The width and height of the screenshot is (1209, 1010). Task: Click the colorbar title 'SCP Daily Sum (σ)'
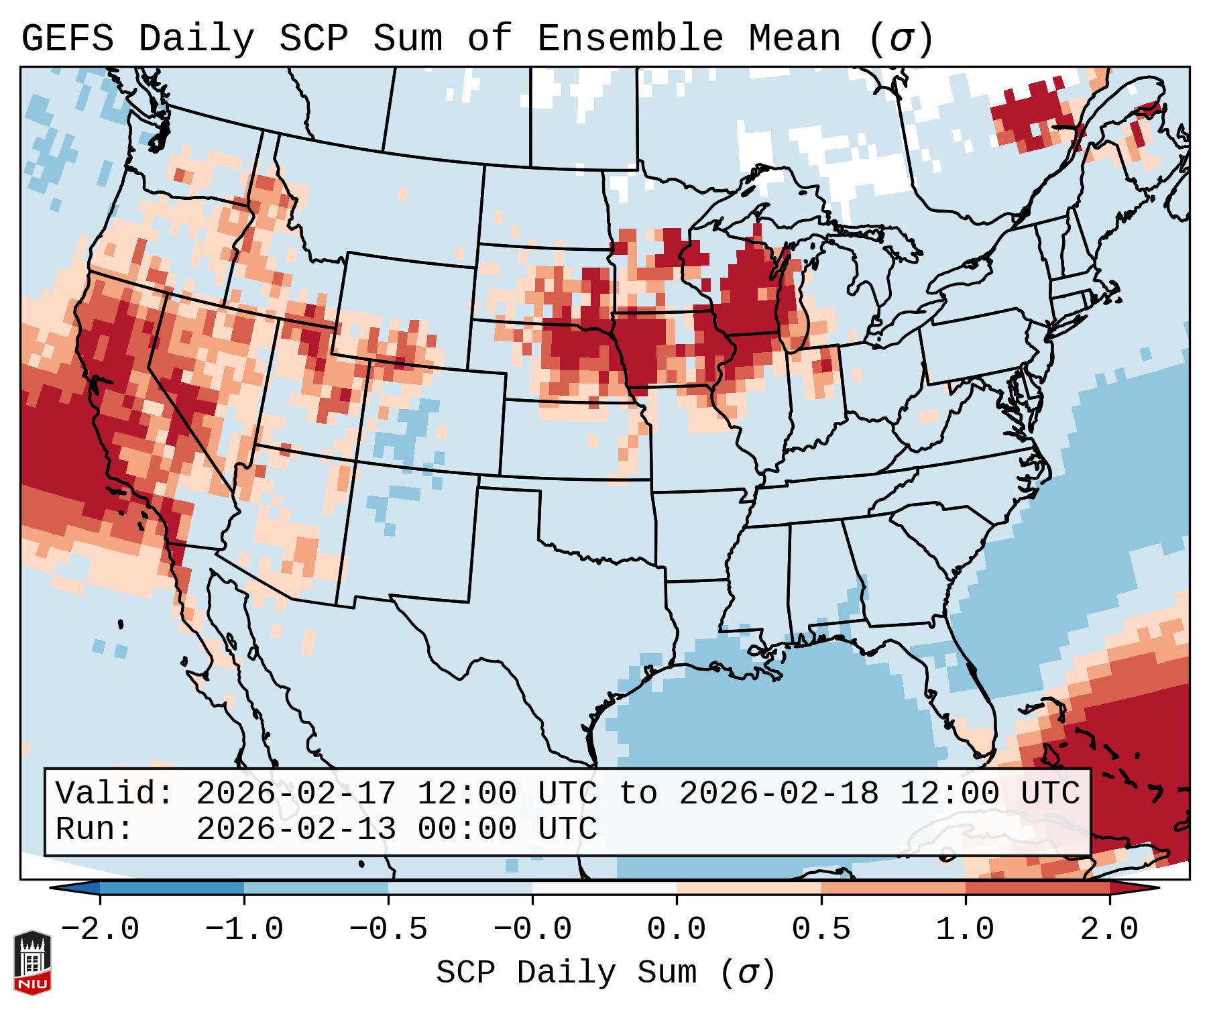click(606, 973)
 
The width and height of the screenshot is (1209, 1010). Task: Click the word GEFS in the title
click(67, 39)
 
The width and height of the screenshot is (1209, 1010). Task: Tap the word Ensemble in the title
click(630, 39)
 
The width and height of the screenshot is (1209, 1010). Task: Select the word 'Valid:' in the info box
click(115, 794)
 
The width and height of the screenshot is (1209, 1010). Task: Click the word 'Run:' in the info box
click(95, 830)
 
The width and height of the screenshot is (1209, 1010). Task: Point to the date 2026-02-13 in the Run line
click(296, 830)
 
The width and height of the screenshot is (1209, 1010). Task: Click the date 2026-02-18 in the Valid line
click(779, 794)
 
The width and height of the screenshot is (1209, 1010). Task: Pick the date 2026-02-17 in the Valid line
click(296, 794)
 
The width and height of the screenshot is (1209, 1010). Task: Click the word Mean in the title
click(795, 39)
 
